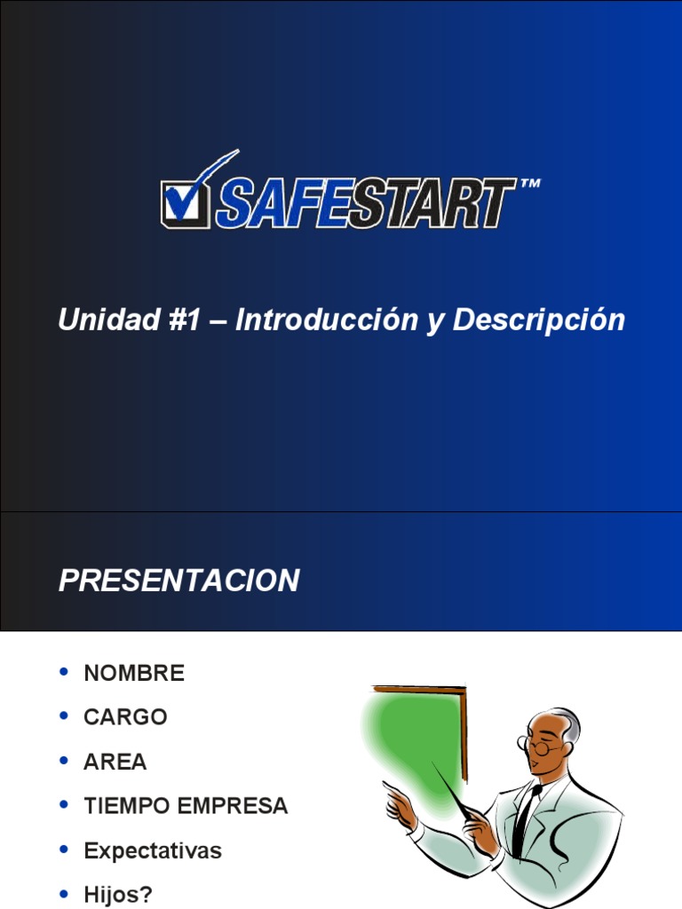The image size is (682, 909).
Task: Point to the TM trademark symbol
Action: point(528,185)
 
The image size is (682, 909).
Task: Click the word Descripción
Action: point(538,320)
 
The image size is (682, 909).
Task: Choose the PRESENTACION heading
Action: point(178,581)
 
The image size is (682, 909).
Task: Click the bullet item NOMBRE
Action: point(134,674)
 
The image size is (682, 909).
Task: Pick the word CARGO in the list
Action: point(125,717)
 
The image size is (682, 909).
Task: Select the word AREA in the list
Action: point(115,762)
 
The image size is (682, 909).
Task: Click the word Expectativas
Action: point(153,850)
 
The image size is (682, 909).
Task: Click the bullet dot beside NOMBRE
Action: point(63,672)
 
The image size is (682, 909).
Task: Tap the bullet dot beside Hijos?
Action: point(63,893)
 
